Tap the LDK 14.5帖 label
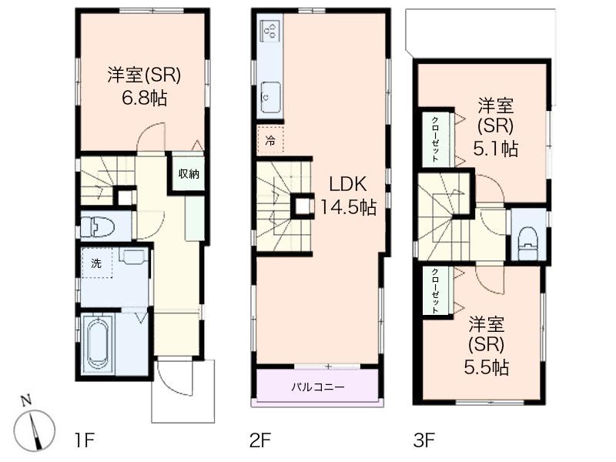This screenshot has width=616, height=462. point(348,207)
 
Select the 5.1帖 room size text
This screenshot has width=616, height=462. point(498,149)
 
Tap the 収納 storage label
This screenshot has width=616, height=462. point(189,174)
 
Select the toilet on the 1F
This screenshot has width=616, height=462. point(99,226)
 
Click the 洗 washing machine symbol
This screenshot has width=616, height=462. point(96,263)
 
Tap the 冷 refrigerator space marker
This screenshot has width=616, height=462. point(270,140)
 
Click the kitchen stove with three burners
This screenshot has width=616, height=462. point(271,31)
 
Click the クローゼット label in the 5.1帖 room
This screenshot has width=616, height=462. point(435,138)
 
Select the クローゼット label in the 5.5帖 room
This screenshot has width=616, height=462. point(435,290)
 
